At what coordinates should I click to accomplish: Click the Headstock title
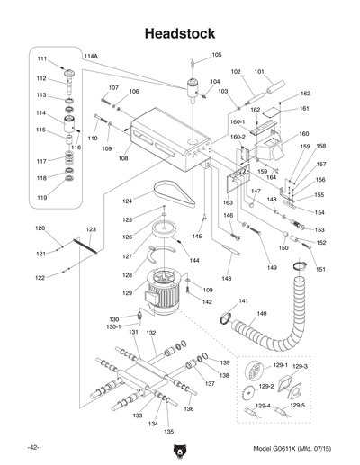pos(179,33)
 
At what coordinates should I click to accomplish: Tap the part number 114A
pos(91,56)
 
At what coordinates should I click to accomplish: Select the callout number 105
pos(217,55)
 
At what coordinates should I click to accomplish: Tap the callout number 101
pos(258,71)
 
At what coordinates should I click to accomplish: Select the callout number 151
pos(320,269)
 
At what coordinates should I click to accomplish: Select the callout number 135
pos(168,431)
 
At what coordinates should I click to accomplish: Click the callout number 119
pos(41,197)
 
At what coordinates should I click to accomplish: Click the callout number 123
pos(91,231)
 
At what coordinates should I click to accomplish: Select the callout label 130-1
pos(114,326)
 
